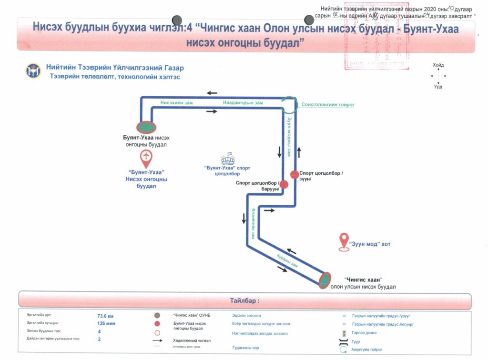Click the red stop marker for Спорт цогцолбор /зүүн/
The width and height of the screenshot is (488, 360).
(x=295, y=175)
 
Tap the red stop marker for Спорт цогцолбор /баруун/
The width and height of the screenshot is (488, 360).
(x=284, y=184)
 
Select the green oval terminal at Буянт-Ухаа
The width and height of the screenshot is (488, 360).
(x=146, y=127)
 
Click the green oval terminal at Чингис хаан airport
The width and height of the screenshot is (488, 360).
(x=325, y=279)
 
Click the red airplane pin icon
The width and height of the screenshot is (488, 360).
(x=146, y=157)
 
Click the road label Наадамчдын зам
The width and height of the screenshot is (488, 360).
(x=243, y=102)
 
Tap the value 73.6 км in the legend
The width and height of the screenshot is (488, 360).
(x=105, y=316)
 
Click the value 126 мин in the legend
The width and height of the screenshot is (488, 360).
(x=105, y=323)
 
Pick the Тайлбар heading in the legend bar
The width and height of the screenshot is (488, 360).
(x=244, y=301)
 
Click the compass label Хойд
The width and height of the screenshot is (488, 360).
(x=438, y=65)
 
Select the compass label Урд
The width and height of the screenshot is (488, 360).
(x=438, y=87)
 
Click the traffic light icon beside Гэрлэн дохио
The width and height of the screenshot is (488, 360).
(x=344, y=333)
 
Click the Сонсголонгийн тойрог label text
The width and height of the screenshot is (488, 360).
(x=328, y=104)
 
